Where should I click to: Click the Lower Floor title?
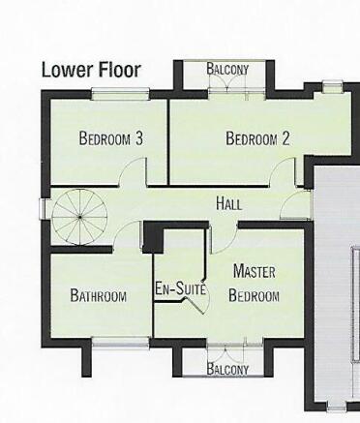pyautogui.click(x=90, y=71)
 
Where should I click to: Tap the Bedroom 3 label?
pyautogui.click(x=110, y=138)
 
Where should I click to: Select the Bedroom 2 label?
pyautogui.click(x=257, y=138)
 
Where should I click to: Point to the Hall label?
pyautogui.click(x=229, y=204)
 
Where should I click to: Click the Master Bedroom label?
pyautogui.click(x=255, y=286)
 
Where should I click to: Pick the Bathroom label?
pyautogui.click(x=98, y=296)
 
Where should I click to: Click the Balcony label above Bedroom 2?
pyautogui.click(x=227, y=70)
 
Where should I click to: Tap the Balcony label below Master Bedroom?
pyautogui.click(x=227, y=369)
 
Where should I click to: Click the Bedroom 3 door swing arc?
pyautogui.click(x=135, y=171)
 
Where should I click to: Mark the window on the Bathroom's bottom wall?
pyautogui.click(x=120, y=339)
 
